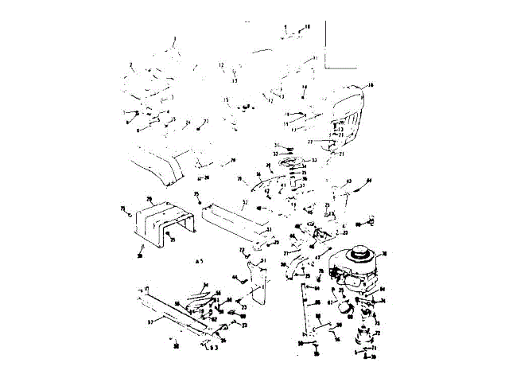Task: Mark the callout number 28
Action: click(x=149, y=198)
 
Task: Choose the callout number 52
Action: click(x=245, y=203)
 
